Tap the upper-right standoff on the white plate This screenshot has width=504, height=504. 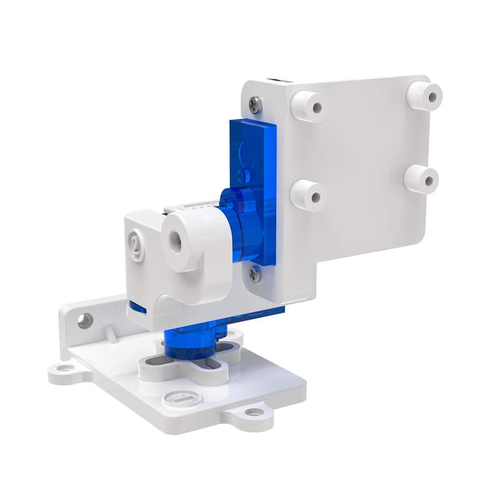pyautogui.click(x=425, y=95)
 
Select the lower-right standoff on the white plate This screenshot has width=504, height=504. pyautogui.click(x=422, y=179)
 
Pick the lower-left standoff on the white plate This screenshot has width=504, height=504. pyautogui.click(x=308, y=194)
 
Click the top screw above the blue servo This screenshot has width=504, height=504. pyautogui.click(x=255, y=104)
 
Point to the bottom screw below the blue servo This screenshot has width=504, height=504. pyautogui.click(x=255, y=273)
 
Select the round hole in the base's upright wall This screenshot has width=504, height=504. pyautogui.click(x=85, y=321)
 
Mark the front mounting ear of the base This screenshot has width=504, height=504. pyautogui.click(x=253, y=412)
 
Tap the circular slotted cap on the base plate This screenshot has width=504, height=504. pyautogui.click(x=179, y=399)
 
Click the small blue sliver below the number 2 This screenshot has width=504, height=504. pyautogui.click(x=138, y=308)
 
